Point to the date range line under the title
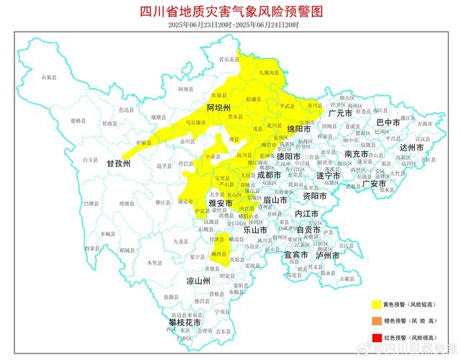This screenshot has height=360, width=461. point(230,24)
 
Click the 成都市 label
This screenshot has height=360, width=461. point(269,175)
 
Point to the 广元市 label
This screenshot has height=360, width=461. point(339,114)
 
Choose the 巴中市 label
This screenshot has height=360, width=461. point(388,122)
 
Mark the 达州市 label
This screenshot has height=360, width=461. point(413,148)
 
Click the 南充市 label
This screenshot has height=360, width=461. point(357,154)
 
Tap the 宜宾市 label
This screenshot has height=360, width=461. point(296,255)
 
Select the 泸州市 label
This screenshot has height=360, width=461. point(327,255)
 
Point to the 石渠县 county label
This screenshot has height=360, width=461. point(48,76)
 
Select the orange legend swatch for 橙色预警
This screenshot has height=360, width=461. point(377,321)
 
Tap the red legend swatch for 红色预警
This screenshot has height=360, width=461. point(377,337)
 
